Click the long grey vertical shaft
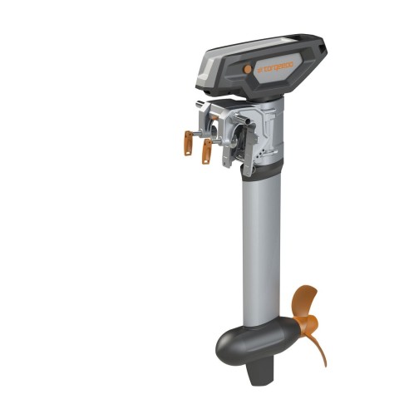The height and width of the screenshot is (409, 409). (x=260, y=249)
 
